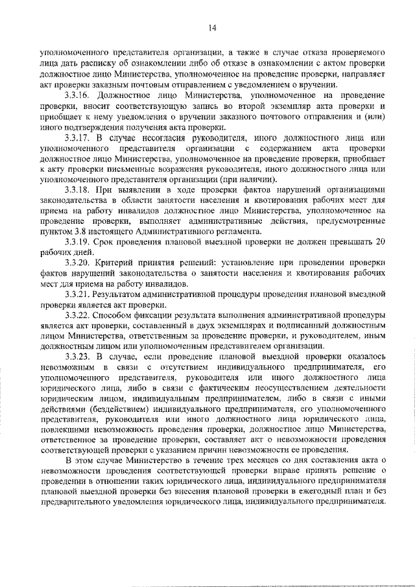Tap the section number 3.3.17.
pos(78,138)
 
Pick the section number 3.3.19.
pos(78,242)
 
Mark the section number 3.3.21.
pos(78,294)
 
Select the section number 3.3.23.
pos(78,357)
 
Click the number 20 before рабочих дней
pos(381,242)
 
